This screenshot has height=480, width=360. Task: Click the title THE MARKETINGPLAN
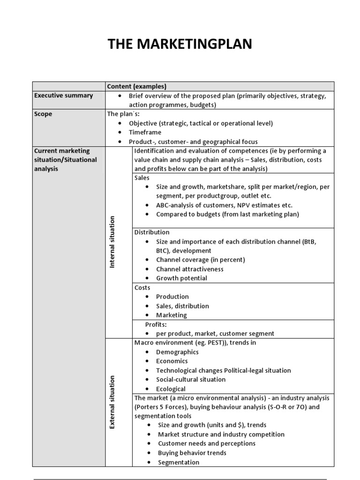(180, 44)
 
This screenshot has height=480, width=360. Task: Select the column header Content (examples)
(136, 86)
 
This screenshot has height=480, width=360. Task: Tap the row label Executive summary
(63, 96)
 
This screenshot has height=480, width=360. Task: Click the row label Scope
(43, 114)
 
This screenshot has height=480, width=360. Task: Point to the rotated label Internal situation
(112, 242)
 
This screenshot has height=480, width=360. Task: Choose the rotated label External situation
(112, 402)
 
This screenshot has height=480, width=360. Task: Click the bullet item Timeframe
(145, 133)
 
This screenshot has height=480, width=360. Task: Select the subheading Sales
(142, 178)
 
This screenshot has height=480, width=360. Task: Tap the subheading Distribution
(152, 232)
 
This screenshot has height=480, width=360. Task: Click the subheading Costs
(142, 287)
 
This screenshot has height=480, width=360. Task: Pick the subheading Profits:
(156, 324)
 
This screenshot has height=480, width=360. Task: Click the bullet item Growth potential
(181, 278)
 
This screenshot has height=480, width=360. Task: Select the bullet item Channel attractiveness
(190, 269)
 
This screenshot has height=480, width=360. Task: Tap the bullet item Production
(172, 297)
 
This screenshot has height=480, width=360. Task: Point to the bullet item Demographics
(177, 352)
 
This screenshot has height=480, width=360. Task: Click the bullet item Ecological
(171, 389)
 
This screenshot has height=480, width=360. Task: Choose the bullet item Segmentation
(179, 462)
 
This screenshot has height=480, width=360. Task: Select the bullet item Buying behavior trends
(192, 453)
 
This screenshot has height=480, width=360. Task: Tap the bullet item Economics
(172, 361)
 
